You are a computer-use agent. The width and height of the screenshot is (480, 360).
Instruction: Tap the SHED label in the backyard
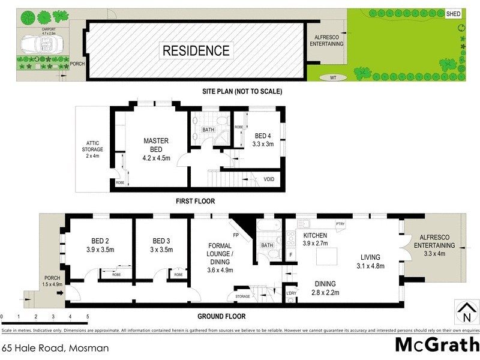point(454,14)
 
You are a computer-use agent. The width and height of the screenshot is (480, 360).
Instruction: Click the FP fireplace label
point(236,235)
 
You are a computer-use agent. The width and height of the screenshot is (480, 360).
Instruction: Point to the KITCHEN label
point(315,235)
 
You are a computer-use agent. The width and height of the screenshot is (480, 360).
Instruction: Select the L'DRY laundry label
point(292,293)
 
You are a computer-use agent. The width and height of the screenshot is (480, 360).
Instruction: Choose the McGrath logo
point(436,345)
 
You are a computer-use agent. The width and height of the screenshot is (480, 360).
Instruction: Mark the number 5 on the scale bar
point(88,316)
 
